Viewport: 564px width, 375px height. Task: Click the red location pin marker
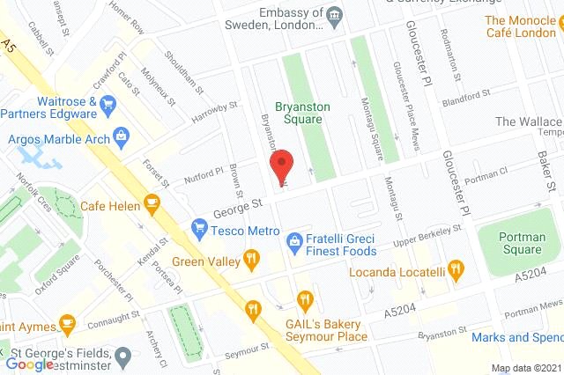pos(280,165)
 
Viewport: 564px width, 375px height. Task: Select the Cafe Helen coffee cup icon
pos(152,204)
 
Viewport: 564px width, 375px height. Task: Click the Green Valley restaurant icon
pos(252,259)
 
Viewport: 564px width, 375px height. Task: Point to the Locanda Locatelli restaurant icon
pos(455,269)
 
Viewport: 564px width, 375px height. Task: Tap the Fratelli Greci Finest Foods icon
pos(296,239)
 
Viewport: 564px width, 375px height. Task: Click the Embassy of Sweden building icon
pos(335,16)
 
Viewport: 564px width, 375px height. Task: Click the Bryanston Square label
pos(302,113)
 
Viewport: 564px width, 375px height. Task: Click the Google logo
pos(30,363)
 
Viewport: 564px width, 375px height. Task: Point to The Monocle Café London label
pos(521,26)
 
